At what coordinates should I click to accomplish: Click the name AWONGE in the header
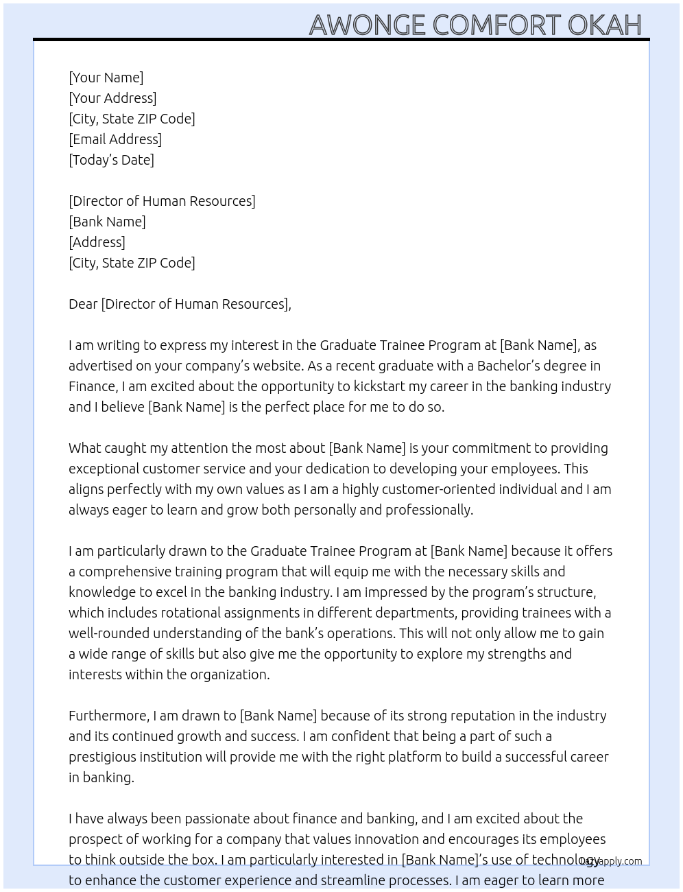tap(368, 25)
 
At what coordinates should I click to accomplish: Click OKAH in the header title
tap(604, 25)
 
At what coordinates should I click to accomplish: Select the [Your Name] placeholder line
tap(106, 78)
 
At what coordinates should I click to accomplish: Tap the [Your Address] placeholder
tap(112, 98)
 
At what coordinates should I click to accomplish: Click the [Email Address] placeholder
tap(115, 139)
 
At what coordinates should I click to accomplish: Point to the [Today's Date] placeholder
tap(111, 160)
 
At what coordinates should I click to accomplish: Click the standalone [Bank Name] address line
tap(107, 222)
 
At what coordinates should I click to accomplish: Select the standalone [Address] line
tap(97, 242)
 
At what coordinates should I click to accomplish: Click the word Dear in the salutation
tap(83, 304)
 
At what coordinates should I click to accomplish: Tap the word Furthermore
tap(108, 716)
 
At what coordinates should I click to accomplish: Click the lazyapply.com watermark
tap(611, 861)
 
